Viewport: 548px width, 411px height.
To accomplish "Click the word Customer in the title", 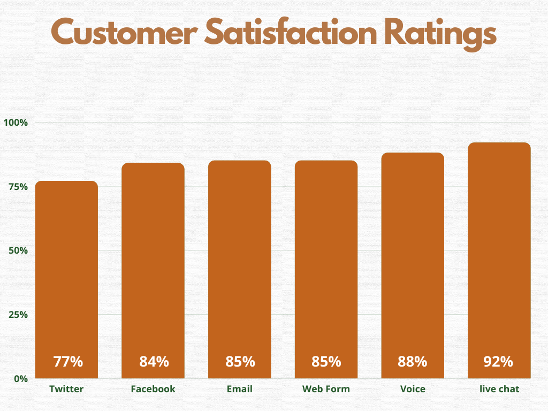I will (124, 33).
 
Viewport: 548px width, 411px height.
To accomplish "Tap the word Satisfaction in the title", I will (283, 33).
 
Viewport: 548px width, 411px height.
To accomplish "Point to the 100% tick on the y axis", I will (16, 123).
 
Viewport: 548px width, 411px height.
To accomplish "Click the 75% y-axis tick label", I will (18, 187).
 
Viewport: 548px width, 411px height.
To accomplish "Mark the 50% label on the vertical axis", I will (18, 250).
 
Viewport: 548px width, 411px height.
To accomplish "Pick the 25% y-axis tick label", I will (18, 315).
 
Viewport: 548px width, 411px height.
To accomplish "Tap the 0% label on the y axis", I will (20, 378).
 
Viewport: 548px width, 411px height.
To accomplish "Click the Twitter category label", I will (66, 389).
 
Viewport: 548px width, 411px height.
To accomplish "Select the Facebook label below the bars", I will (153, 389).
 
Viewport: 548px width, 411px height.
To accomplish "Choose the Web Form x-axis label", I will (326, 389).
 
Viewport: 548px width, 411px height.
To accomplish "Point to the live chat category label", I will (499, 389).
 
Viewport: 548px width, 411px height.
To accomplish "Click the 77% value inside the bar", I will (68, 362).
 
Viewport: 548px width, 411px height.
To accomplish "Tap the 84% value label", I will (154, 362).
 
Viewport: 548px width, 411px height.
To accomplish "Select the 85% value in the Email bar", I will (240, 362).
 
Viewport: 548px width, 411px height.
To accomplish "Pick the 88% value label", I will (413, 362).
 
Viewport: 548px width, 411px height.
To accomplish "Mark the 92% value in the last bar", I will (499, 362).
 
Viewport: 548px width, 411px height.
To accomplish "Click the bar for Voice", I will (413, 257).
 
